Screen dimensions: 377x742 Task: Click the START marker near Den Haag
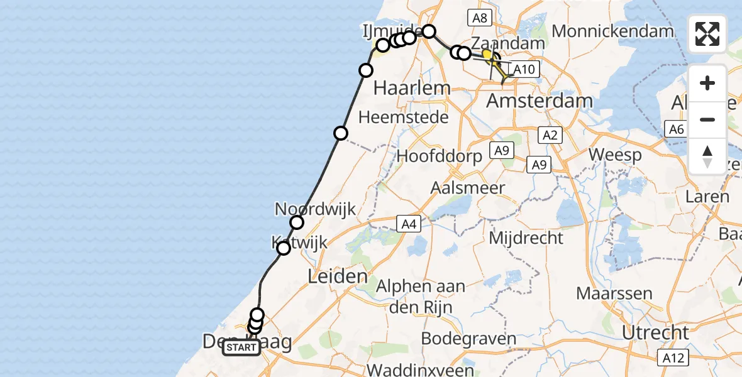click(241, 347)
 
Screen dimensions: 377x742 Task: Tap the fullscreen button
click(707, 34)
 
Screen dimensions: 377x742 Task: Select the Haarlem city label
click(412, 88)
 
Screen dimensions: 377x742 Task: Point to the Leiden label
click(338, 276)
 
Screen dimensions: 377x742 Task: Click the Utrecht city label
click(656, 332)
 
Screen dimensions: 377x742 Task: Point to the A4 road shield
click(407, 222)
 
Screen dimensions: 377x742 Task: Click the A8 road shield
click(479, 18)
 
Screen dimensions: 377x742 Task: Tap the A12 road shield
click(673, 358)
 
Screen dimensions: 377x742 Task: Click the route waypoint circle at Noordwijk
click(297, 222)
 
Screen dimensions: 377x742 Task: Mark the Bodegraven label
click(462, 338)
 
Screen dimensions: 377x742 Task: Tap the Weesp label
click(614, 156)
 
